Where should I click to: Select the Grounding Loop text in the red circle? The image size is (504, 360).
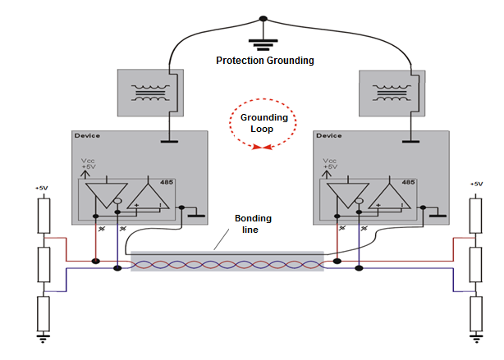click(x=263, y=123)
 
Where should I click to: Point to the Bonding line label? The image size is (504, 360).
click(x=254, y=225)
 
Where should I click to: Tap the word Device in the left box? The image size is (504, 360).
click(x=86, y=135)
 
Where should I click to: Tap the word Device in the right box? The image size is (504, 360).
click(x=328, y=135)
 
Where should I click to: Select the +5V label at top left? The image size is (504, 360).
click(x=42, y=188)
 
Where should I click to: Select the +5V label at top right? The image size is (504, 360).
click(x=475, y=185)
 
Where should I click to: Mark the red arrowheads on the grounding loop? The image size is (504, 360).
click(x=263, y=148)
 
